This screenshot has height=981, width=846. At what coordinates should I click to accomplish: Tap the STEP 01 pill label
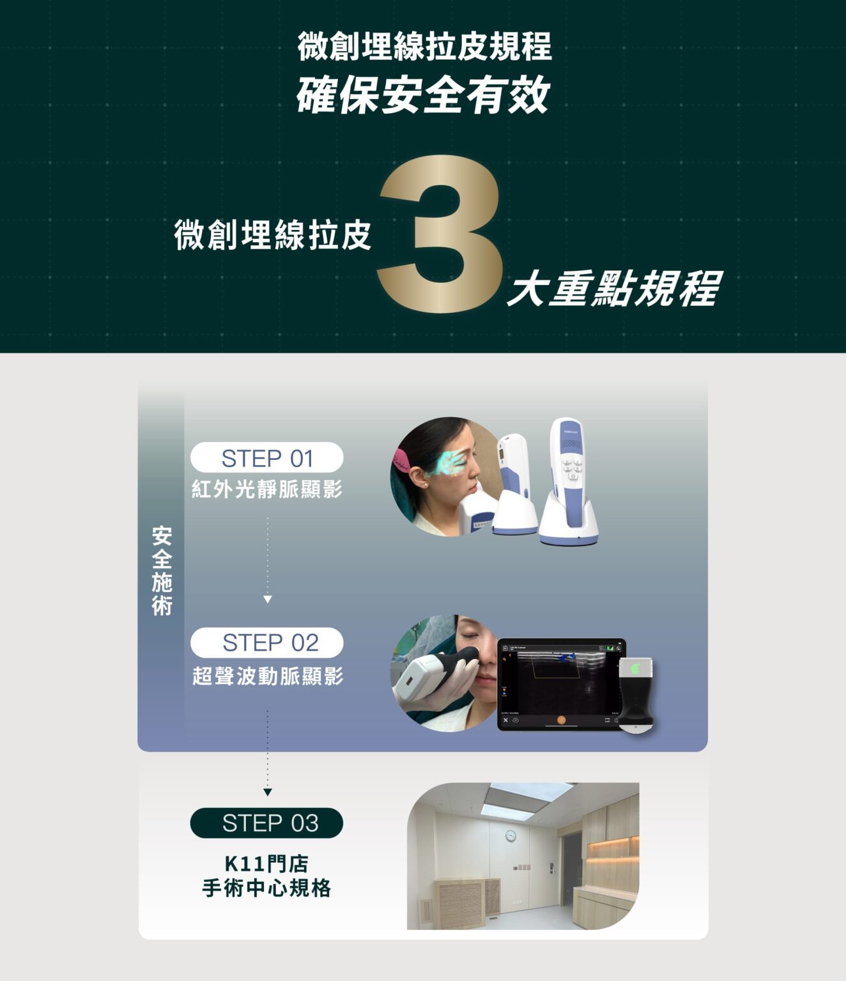(x=267, y=457)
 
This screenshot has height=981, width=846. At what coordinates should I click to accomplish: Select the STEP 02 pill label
(x=267, y=642)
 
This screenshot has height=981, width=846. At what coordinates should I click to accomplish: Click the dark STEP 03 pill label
(x=267, y=823)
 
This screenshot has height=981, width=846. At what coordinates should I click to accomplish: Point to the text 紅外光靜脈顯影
(x=267, y=489)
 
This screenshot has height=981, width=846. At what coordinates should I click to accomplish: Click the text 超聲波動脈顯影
(x=268, y=676)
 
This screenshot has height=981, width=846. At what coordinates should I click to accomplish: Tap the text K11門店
(x=266, y=863)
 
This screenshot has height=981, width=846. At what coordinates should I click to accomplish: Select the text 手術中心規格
(x=266, y=888)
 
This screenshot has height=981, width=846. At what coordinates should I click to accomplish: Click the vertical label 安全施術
(x=162, y=571)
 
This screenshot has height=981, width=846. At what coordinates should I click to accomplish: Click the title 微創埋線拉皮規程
(x=424, y=46)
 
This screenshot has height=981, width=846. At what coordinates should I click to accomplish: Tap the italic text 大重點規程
(x=615, y=288)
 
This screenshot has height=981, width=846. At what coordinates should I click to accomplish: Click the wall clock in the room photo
(x=511, y=835)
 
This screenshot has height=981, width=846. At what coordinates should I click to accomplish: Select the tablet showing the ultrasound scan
(x=561, y=684)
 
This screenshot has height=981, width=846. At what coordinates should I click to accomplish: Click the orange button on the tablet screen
(x=561, y=720)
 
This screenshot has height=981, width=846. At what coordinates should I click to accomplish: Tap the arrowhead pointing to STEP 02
(x=267, y=599)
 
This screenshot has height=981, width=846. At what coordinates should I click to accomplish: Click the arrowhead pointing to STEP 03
(x=267, y=792)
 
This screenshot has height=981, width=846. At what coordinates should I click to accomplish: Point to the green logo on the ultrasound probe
(x=635, y=669)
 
